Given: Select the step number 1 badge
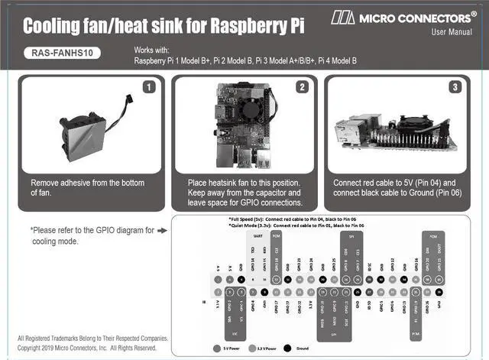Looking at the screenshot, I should pyautogui.click(x=150, y=87).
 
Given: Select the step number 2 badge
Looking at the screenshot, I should pyautogui.click(x=303, y=87).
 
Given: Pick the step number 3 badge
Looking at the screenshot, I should pyautogui.click(x=455, y=87).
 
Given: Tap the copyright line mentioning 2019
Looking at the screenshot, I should pyautogui.click(x=86, y=348).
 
